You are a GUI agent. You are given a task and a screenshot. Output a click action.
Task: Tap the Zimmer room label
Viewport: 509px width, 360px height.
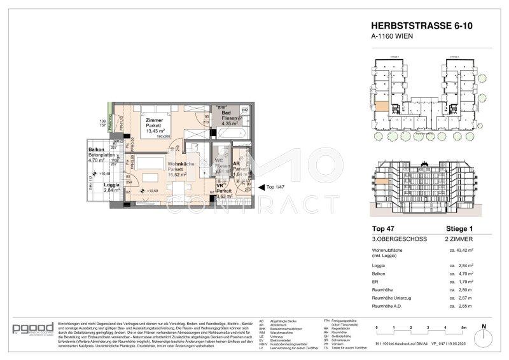coord(155,120)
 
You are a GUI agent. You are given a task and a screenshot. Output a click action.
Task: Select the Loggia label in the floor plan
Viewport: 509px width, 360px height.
coord(94,184)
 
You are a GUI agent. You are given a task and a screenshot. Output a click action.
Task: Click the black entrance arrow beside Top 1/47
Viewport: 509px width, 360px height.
coord(260,187)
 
